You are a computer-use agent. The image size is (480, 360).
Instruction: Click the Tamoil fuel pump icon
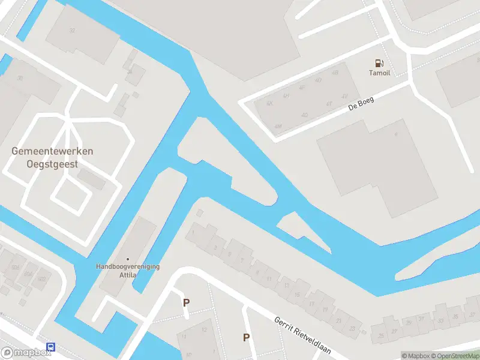pos(379,63)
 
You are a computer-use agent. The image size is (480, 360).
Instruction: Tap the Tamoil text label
pos(379,73)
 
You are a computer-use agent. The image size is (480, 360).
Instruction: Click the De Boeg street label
pos(361,104)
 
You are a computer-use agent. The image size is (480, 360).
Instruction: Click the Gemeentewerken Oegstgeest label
pos(52,157)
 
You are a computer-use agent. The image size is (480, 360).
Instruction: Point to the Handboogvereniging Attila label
pos(128,271)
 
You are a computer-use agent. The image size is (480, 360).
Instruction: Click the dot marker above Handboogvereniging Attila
pos(128,259)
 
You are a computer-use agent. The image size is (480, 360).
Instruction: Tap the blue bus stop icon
pos(50,347)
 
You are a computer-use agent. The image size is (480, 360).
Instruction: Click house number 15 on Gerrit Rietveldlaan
pos(298,294)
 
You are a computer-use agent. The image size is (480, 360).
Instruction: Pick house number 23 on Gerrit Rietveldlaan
pos(352,328)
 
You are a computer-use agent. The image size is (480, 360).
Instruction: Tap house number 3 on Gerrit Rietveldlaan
pos(215,247)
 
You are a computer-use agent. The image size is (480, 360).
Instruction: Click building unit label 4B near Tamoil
pos(335,72)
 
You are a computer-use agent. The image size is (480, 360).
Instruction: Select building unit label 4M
pos(277,127)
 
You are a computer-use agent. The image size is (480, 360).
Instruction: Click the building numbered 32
pos(73,30)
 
